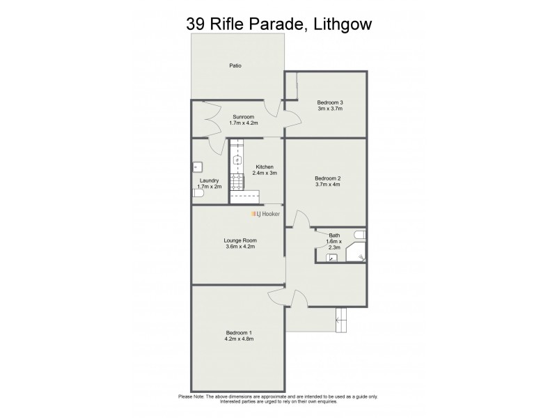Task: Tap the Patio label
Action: coord(236,66)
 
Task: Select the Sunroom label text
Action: coord(243,116)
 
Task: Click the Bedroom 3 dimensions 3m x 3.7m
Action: coord(331,109)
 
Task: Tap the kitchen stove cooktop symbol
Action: coord(237,182)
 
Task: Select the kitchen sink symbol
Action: coord(237,160)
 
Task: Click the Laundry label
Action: coord(209,180)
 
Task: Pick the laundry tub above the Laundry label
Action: coord(197,167)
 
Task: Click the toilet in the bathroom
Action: coord(359,234)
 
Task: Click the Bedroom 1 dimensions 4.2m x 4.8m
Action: coord(239,339)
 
